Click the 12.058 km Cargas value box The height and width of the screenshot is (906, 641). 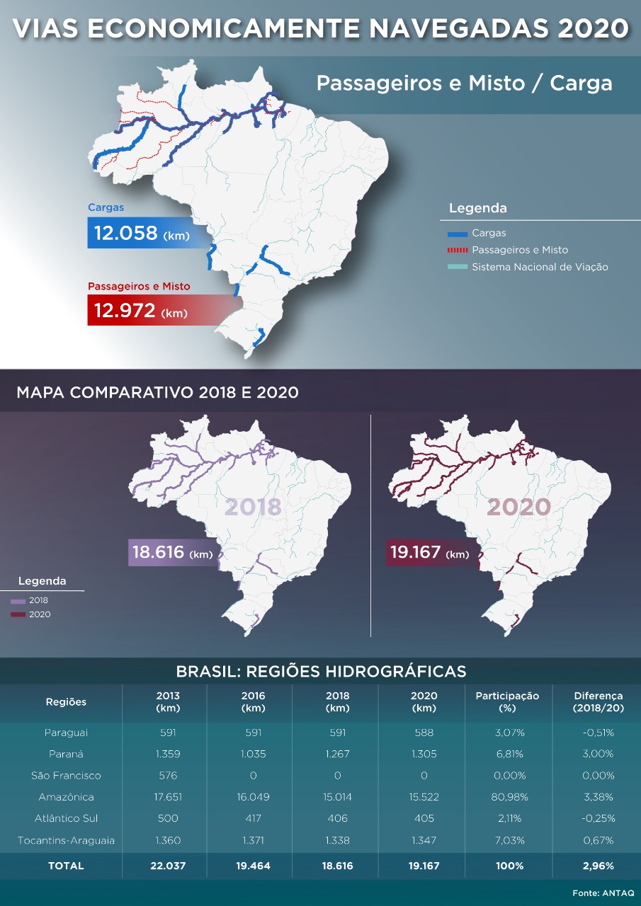pos(142,233)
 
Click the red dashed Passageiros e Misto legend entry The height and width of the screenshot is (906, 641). pos(519,250)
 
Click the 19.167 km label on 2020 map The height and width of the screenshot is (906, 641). pos(429,553)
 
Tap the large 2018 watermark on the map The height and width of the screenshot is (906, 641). pos(253,507)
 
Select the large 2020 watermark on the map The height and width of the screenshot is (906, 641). pos(518,507)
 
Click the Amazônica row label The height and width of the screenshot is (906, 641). pos(66,797)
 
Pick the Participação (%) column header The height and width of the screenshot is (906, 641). pos(507,701)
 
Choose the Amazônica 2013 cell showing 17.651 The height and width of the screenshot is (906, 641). pos(168,797)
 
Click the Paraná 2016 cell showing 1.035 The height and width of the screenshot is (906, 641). pos(253,754)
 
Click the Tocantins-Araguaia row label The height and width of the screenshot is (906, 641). pos(66,840)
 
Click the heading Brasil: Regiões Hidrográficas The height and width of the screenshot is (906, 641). pos(321,671)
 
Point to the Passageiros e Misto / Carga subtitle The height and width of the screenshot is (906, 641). pos(464,84)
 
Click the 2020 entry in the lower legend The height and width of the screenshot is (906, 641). pos(40,614)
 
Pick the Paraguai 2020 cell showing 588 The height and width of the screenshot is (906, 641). pos(424,733)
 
